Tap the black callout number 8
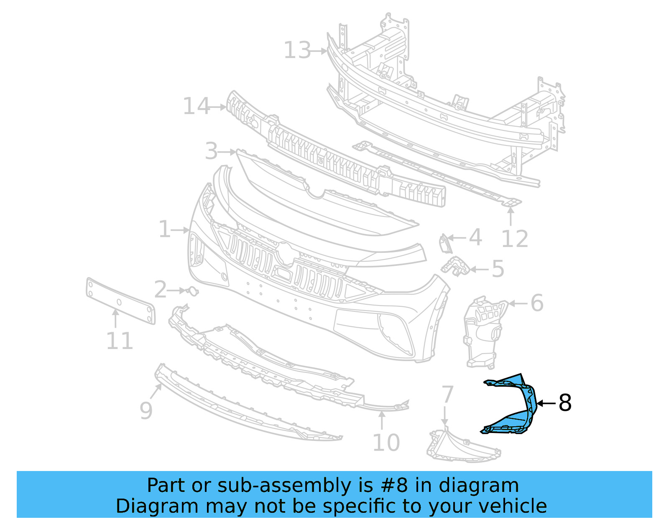pos(564,403)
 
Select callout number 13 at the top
pos(297,51)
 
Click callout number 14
pos(196,107)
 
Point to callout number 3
pos(211,151)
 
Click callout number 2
pos(160,290)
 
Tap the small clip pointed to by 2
pos(192,291)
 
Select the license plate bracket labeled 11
pos(120,301)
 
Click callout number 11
pos(119,341)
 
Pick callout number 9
pos(146,410)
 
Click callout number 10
pos(386,443)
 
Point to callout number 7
pos(447,394)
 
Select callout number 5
pos(498,269)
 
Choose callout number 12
pos(515,239)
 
